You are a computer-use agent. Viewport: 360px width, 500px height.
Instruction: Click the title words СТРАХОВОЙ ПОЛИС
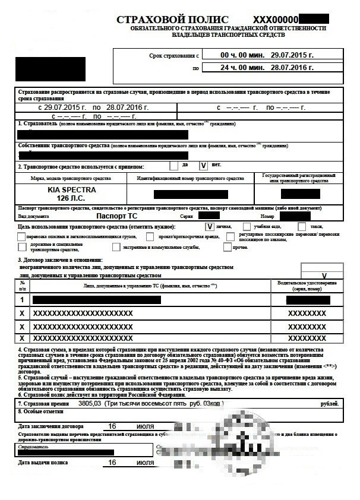[172, 20]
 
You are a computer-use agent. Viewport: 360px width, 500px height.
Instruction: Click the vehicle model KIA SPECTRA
[71, 189]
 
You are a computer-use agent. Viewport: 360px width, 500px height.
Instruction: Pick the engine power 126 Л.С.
[71, 198]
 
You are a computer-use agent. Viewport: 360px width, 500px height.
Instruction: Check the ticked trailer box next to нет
[204, 166]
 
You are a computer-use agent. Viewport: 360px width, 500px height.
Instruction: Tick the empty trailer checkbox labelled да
[173, 166]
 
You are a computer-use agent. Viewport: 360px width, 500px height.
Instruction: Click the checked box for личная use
[209, 226]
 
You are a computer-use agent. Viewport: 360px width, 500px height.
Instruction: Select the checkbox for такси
[302, 226]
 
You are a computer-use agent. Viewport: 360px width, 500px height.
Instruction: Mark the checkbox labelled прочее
[228, 247]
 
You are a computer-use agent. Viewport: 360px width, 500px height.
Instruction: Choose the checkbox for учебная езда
[247, 226]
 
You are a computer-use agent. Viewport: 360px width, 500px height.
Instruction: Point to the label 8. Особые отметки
[40, 411]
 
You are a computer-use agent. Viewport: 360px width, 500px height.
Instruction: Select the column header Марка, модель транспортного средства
[71, 178]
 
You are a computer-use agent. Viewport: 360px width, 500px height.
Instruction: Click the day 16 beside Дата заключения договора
[112, 426]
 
